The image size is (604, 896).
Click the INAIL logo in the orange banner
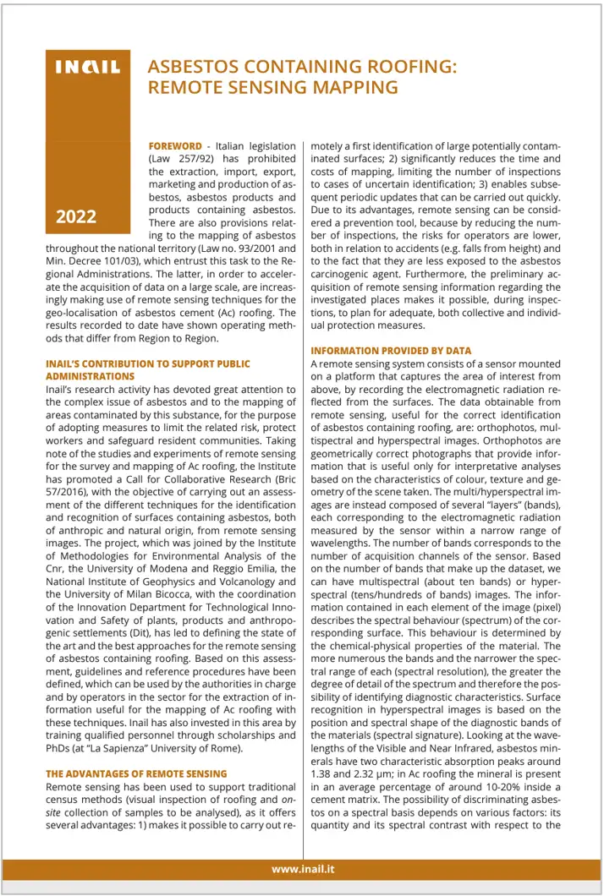click(x=87, y=68)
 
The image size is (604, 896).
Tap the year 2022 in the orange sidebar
click(x=76, y=216)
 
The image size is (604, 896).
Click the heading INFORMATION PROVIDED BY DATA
click(x=390, y=351)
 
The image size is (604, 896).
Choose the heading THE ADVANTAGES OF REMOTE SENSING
click(x=136, y=773)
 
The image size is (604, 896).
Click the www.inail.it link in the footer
click(x=303, y=869)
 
